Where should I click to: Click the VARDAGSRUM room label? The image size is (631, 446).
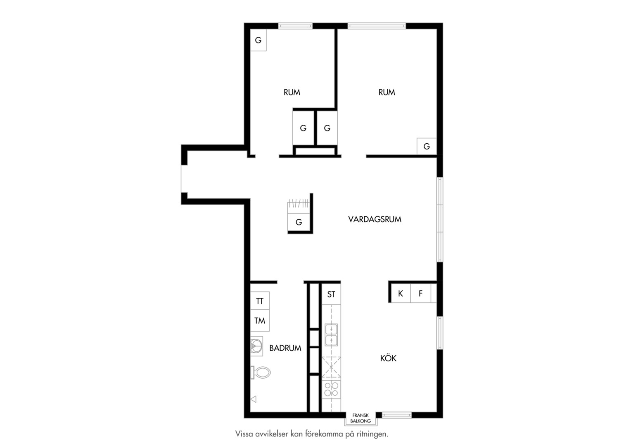375,219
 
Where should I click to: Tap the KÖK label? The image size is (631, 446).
388,358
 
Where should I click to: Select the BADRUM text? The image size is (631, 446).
285,348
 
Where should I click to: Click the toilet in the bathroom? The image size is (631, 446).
261,372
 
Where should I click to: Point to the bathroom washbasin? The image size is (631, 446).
256,346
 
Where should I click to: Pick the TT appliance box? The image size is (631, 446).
260,301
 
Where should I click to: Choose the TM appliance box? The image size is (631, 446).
260,321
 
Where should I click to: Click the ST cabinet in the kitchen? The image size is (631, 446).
331,294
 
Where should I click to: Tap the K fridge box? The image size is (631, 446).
400,294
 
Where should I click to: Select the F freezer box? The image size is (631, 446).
420,294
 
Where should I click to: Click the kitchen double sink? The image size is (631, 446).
331,335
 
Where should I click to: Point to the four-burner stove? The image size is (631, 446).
331,389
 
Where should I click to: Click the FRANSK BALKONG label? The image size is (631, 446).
361,418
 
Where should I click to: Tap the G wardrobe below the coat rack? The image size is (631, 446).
299,222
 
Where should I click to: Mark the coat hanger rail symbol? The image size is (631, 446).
299,204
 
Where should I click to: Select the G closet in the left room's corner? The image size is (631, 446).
259,40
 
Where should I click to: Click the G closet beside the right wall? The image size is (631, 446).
427,146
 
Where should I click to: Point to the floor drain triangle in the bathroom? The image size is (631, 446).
254,399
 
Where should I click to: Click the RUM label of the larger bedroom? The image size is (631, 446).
387,92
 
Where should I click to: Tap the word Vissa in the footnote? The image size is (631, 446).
244,434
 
